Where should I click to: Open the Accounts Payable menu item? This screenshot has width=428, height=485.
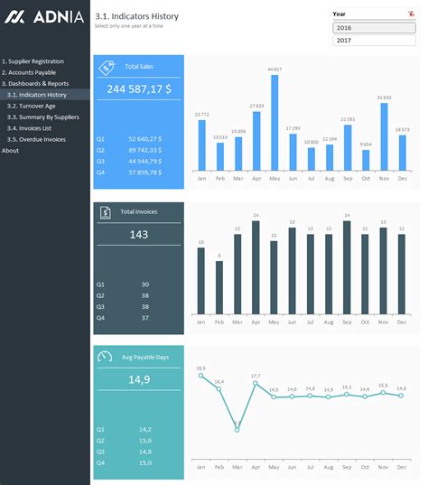click(x=30, y=72)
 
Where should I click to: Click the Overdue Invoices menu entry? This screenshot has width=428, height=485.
click(x=37, y=139)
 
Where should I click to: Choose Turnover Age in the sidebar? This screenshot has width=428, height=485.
click(x=33, y=106)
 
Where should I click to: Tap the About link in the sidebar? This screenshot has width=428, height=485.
click(x=10, y=151)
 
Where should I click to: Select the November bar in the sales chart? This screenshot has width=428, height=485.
click(x=384, y=136)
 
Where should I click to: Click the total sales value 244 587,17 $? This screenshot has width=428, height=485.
click(x=138, y=89)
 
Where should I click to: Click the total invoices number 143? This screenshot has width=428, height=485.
click(x=138, y=234)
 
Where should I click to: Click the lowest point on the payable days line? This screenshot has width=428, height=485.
click(x=237, y=429)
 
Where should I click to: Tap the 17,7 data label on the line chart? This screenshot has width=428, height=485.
click(x=256, y=376)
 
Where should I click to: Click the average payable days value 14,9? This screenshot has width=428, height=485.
click(x=138, y=380)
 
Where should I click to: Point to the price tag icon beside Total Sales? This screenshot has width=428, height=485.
click(x=106, y=67)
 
